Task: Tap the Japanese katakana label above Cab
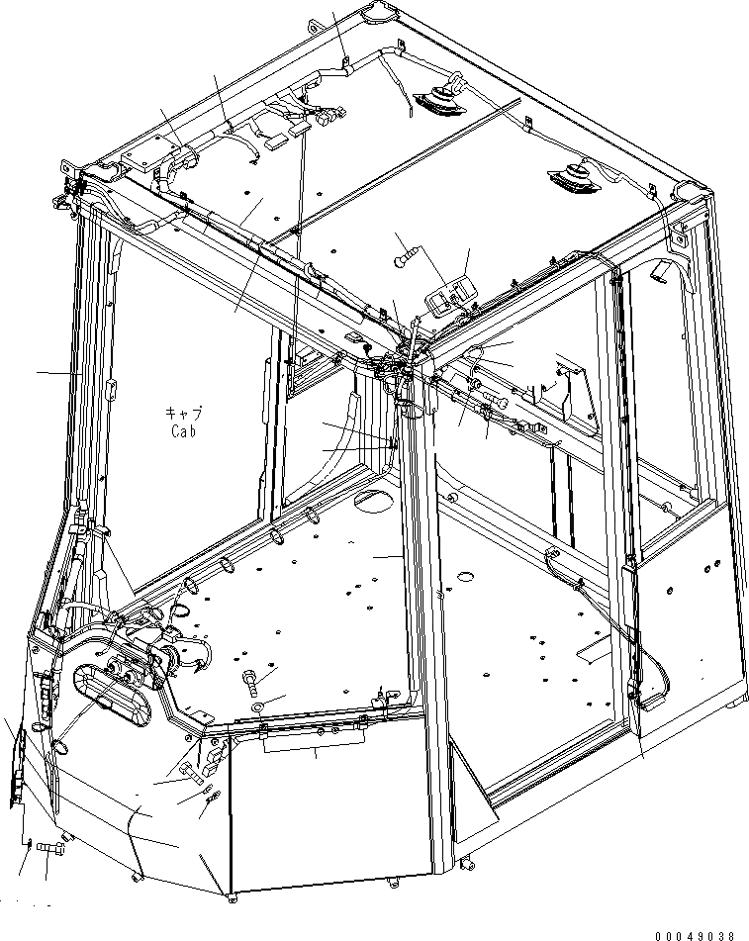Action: tap(184, 415)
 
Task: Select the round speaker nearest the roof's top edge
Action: tap(436, 99)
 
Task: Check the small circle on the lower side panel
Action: tap(669, 591)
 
